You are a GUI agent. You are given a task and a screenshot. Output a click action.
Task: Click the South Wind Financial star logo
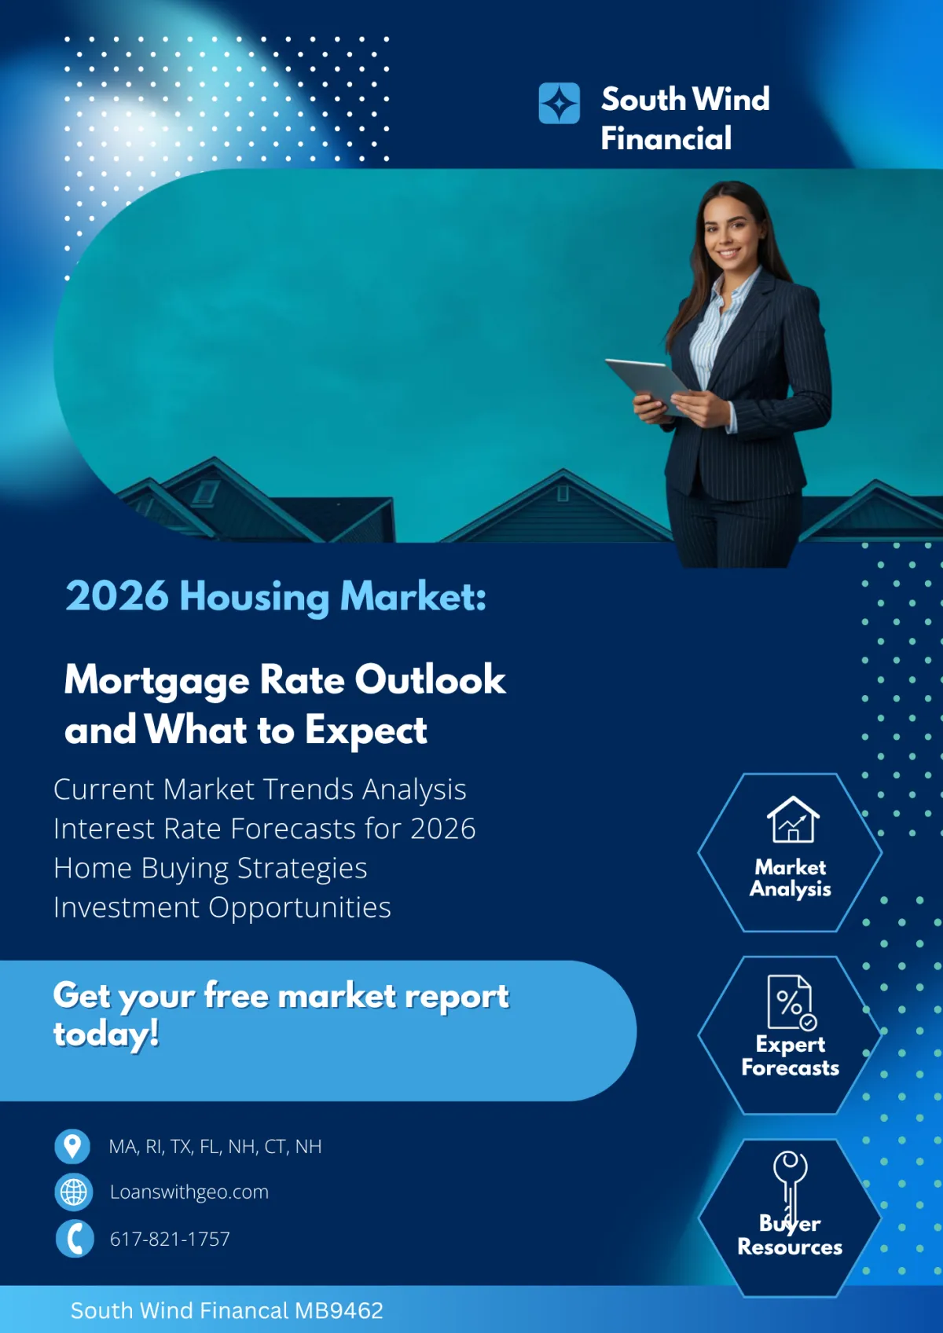(x=559, y=104)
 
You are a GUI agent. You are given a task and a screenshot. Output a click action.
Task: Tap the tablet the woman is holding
(x=647, y=384)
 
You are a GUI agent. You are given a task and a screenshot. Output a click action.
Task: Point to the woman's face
(x=731, y=231)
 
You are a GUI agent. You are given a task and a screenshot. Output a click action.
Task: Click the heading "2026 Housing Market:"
(x=276, y=596)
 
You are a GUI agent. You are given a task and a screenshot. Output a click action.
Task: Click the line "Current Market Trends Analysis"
(x=259, y=789)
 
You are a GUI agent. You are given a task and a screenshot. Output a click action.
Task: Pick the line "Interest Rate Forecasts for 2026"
(x=264, y=829)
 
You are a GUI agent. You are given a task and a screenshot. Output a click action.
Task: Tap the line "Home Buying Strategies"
(x=210, y=868)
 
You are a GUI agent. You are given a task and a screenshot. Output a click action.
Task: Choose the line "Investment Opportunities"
(x=222, y=907)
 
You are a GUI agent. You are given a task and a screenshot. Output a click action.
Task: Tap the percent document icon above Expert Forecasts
(x=791, y=1002)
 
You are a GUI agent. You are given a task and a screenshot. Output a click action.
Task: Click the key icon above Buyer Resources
(x=790, y=1182)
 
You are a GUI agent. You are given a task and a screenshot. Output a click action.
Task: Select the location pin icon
(x=72, y=1146)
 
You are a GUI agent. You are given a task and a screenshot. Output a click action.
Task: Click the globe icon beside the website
(x=74, y=1192)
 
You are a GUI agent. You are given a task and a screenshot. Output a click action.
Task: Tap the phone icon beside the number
(x=75, y=1239)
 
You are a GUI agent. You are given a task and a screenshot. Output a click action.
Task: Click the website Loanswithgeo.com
(x=189, y=1192)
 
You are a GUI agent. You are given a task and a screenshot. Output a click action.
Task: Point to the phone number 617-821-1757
(x=170, y=1239)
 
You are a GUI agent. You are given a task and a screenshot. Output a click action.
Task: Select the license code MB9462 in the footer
(x=339, y=1310)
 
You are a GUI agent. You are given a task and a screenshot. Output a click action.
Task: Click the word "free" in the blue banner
(x=237, y=996)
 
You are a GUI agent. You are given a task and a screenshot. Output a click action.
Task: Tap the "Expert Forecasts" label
(x=790, y=1056)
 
